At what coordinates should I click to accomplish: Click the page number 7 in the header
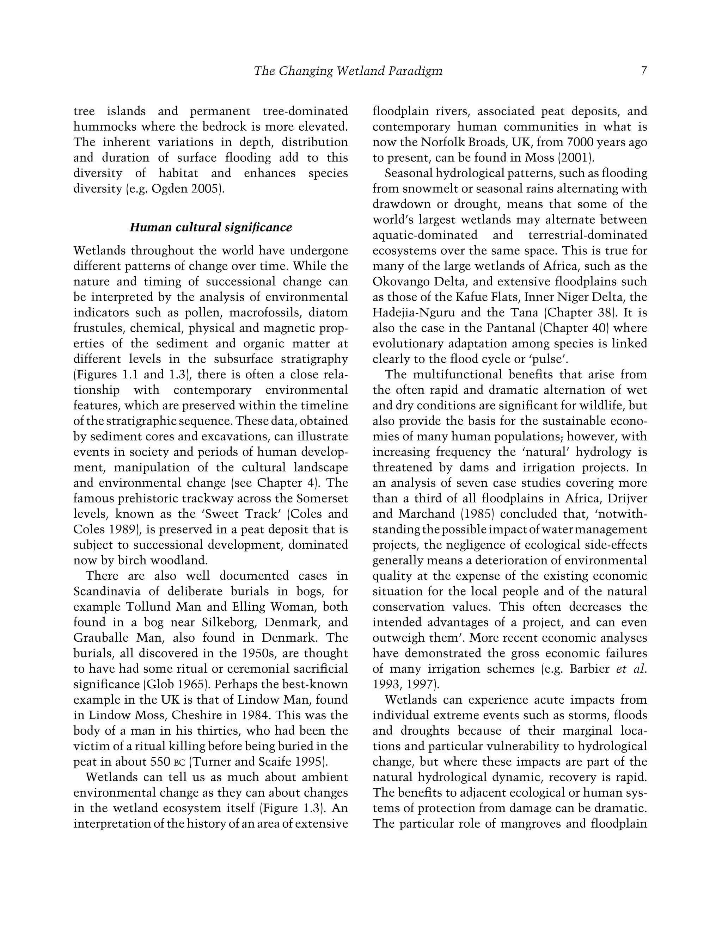643,71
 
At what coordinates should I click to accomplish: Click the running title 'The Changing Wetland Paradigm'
348,71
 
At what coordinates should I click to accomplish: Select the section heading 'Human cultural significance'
210,227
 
